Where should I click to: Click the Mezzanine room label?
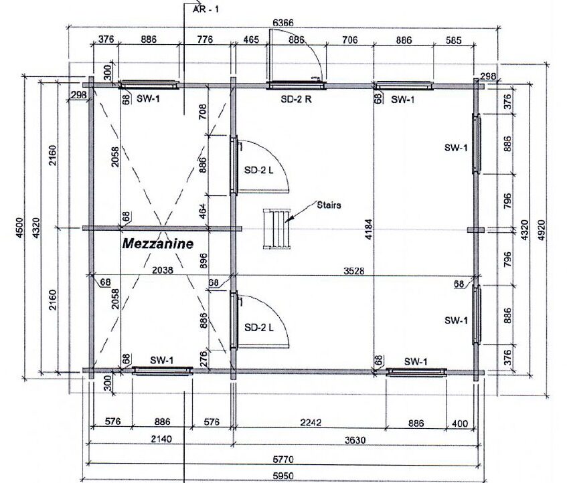(x=158, y=244)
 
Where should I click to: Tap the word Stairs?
(x=329, y=205)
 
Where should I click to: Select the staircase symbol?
(x=276, y=229)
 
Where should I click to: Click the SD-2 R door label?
(x=296, y=100)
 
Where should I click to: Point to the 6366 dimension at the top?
(x=283, y=23)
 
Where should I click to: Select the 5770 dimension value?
(x=283, y=460)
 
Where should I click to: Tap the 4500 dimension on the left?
(x=19, y=227)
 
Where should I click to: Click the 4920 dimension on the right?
(x=542, y=230)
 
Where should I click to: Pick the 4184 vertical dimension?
(x=368, y=229)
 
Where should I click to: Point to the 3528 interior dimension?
(x=353, y=271)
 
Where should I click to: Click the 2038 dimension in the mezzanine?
(x=163, y=270)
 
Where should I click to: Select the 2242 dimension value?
(x=311, y=422)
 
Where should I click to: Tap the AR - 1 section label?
(x=206, y=9)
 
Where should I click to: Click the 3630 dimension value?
(x=355, y=440)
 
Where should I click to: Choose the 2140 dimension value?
(x=161, y=440)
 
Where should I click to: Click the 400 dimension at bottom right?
(x=460, y=423)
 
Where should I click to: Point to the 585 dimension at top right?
(x=453, y=40)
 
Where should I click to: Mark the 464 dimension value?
(x=202, y=211)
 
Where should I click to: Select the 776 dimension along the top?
(x=205, y=39)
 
